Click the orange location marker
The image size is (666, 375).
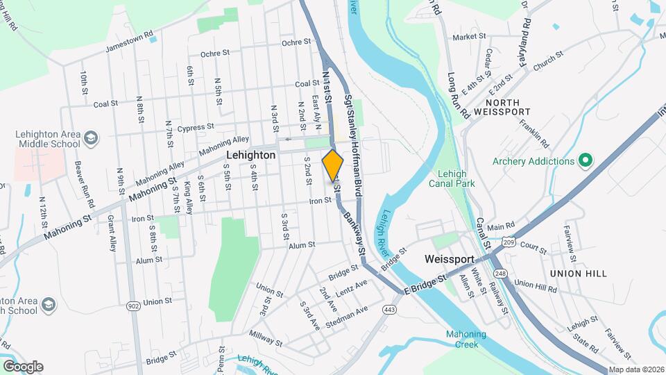[333, 165]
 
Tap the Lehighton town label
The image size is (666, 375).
[250, 156]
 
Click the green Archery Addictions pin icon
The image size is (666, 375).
[584, 161]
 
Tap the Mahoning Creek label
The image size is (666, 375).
[466, 339]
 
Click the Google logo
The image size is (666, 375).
[22, 367]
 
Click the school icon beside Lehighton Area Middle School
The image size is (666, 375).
[90, 139]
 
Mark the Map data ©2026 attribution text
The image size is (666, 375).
[635, 369]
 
